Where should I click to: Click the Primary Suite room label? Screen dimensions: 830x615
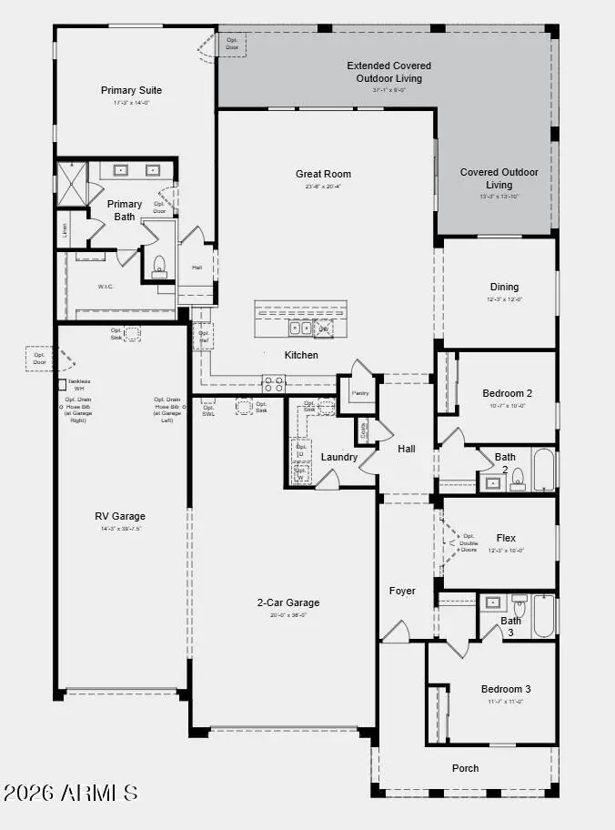[131, 90]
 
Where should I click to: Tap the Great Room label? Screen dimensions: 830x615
[323, 174]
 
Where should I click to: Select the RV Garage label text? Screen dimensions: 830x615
[120, 516]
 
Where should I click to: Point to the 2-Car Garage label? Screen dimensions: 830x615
[288, 602]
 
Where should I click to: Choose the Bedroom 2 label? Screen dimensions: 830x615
[507, 393]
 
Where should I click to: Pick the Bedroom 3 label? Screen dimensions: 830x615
[506, 689]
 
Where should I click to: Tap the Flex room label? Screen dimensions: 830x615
[507, 538]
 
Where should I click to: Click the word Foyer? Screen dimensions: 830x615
[402, 591]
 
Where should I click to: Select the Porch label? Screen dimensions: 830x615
[466, 768]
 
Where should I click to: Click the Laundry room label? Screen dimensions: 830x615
[339, 456]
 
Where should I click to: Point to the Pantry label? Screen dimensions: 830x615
[361, 393]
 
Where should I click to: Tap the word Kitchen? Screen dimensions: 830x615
[301, 355]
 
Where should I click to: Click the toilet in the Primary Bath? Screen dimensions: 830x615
[160, 265]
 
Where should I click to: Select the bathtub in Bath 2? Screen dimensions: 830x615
[543, 470]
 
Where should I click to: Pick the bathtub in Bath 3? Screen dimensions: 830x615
[543, 616]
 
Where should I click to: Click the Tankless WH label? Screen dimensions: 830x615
[79, 384]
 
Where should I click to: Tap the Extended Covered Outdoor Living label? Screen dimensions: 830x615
[389, 72]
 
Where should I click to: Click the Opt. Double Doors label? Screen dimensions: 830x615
[469, 542]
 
